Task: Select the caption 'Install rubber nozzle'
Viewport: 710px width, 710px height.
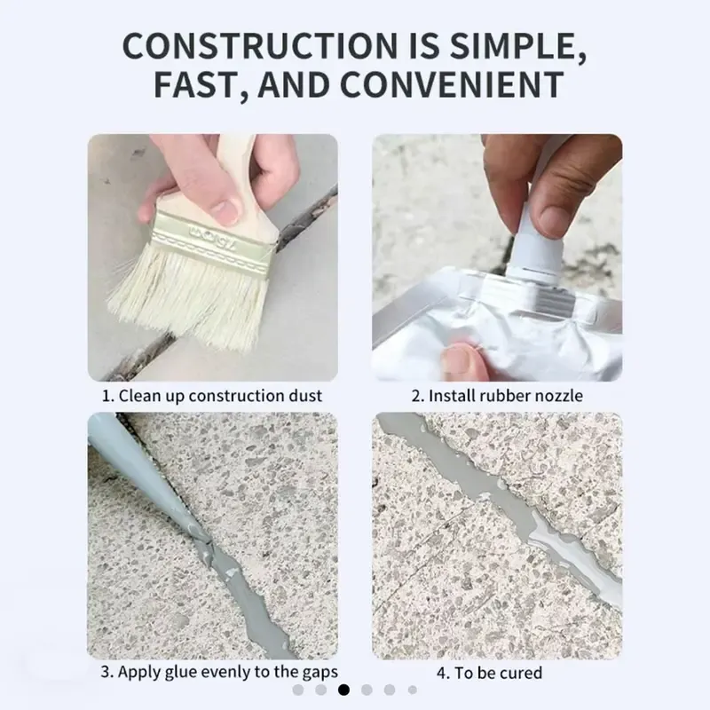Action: pyautogui.click(x=506, y=396)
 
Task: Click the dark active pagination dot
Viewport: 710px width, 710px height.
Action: pyautogui.click(x=343, y=690)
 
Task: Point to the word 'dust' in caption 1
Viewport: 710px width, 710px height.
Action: pyautogui.click(x=306, y=396)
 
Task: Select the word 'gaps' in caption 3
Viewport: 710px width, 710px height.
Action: pyautogui.click(x=319, y=672)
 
